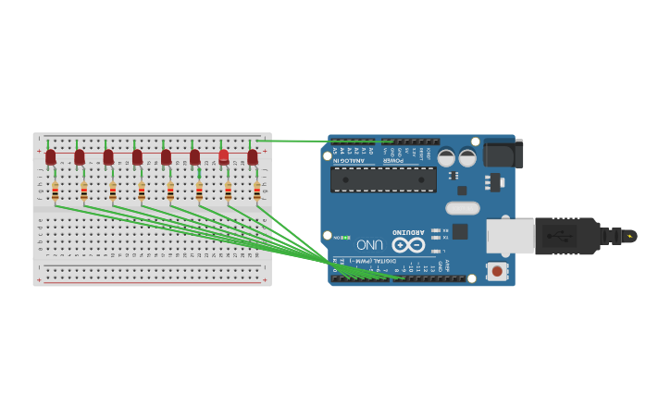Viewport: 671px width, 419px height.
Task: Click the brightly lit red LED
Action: pos(223,157)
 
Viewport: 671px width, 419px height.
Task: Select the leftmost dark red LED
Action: pos(51,157)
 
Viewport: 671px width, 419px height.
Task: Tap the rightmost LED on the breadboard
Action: pos(252,157)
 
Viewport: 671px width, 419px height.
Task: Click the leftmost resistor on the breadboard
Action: pos(55,191)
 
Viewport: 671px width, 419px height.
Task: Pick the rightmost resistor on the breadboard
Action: pos(256,191)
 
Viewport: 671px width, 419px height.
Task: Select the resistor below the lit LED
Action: pos(228,191)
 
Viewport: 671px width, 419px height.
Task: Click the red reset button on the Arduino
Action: pos(497,271)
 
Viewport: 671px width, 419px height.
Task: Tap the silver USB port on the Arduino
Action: pos(510,236)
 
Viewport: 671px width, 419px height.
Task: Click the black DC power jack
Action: pos(503,154)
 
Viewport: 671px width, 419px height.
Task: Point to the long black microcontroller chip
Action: pos(383,179)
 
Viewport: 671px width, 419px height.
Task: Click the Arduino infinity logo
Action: pos(408,245)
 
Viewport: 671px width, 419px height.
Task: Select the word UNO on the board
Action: pos(370,245)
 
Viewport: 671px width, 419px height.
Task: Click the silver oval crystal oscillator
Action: pos(463,208)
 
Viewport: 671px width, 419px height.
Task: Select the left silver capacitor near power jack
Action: pos(446,158)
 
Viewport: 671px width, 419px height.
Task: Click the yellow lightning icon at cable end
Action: pos(629,236)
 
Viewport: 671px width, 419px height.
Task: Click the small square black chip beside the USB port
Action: pos(460,231)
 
